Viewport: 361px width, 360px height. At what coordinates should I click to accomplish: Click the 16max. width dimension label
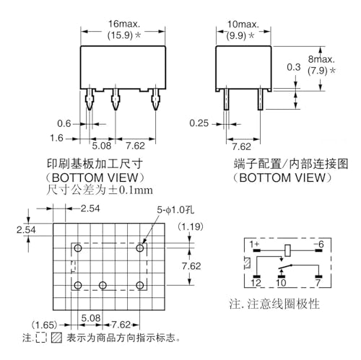[124, 24]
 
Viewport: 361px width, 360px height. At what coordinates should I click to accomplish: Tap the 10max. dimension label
[243, 25]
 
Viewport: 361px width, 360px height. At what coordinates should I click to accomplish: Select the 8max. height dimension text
[321, 59]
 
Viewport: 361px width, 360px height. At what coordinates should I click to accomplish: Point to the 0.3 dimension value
[294, 67]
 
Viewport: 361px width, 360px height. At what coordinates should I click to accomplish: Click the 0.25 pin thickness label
[199, 123]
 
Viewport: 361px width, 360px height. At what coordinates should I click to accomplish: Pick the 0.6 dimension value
[64, 123]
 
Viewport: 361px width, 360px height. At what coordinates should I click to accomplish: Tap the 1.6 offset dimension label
[56, 138]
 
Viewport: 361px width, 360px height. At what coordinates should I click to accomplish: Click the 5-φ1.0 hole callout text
[175, 210]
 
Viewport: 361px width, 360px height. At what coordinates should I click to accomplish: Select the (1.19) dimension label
[191, 227]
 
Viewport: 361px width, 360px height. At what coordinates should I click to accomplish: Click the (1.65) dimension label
[45, 325]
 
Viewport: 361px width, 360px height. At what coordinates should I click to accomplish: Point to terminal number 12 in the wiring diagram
[256, 283]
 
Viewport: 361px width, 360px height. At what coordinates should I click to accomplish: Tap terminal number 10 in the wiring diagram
[281, 283]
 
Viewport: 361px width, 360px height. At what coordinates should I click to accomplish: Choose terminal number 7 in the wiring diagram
[318, 283]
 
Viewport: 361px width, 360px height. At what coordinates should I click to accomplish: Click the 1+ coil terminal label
[254, 245]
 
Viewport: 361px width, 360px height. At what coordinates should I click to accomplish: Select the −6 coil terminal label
[318, 245]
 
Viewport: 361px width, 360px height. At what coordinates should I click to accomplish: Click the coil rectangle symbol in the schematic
[287, 250]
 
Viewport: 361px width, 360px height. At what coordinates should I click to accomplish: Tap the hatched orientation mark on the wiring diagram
[248, 263]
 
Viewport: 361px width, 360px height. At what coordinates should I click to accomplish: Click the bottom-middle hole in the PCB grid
[103, 286]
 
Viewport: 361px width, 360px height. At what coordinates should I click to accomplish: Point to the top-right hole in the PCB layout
[140, 248]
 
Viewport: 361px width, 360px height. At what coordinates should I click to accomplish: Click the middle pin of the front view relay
[116, 99]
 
